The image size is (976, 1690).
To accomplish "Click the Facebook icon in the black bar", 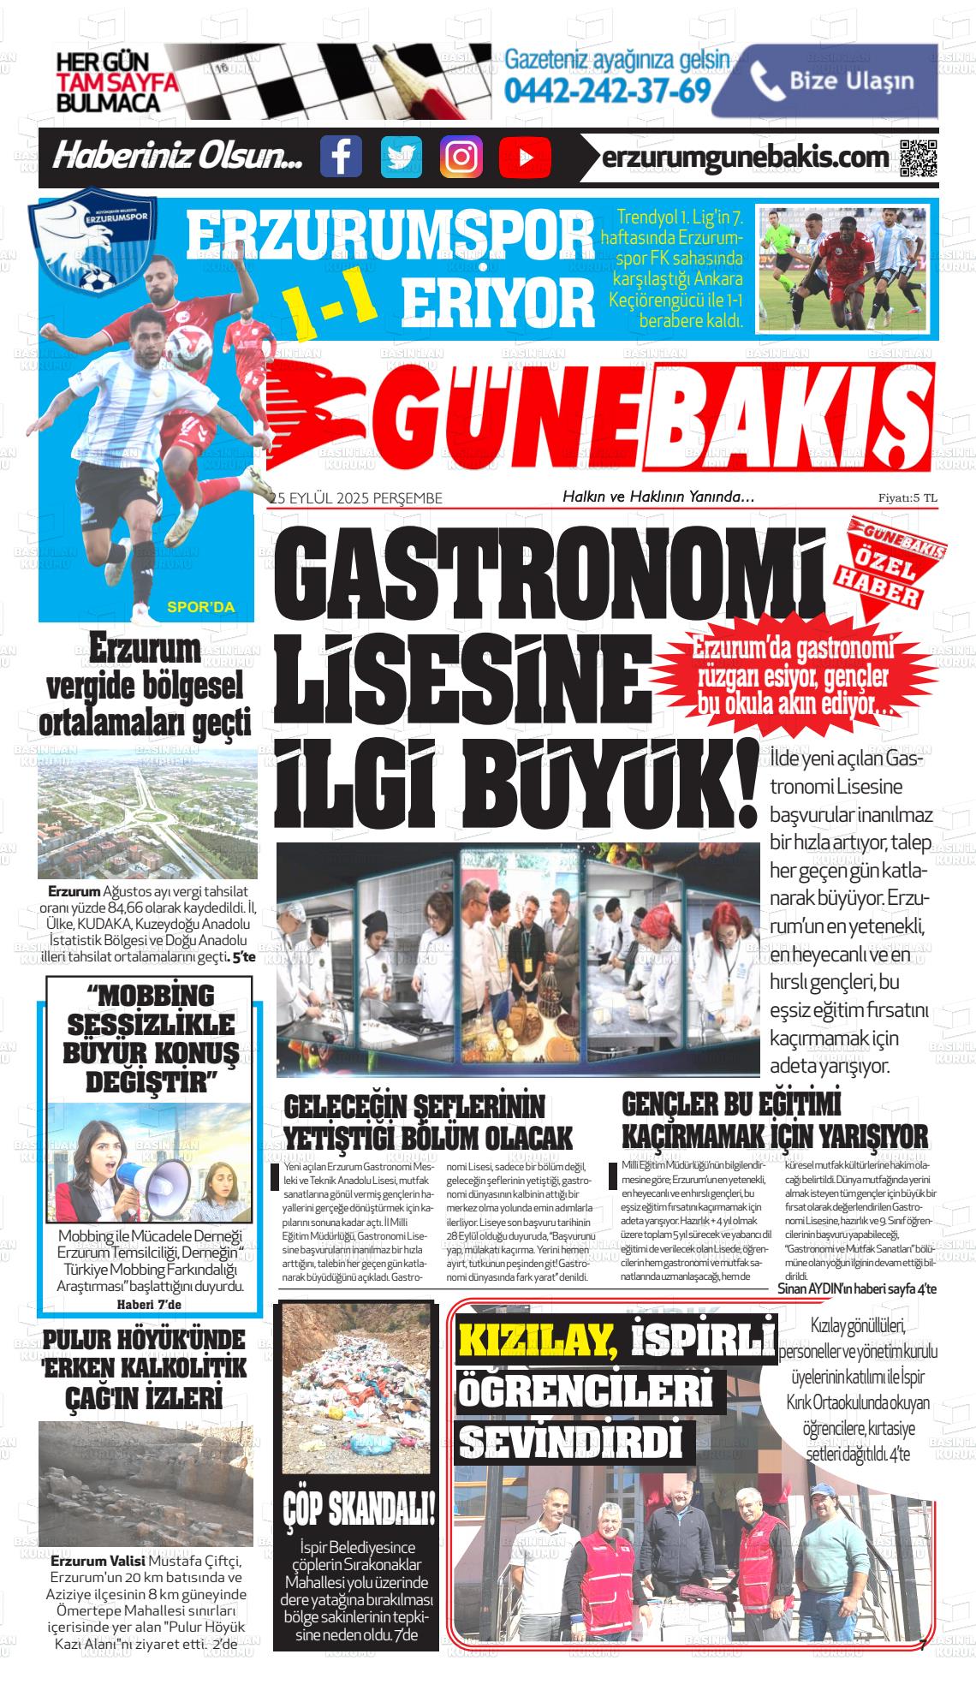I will (341, 157).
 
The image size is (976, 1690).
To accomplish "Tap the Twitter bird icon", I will (401, 157).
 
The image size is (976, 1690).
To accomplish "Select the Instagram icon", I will (461, 157).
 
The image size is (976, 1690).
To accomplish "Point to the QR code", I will (919, 158).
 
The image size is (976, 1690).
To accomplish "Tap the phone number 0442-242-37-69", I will (609, 89).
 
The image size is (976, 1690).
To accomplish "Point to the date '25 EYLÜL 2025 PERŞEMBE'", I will (356, 498).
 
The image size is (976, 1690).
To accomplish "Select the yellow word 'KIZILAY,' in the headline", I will (538, 1342).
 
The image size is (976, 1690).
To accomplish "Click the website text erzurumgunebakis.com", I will (745, 158).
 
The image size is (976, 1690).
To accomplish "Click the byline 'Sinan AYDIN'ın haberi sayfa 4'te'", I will (857, 1288).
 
